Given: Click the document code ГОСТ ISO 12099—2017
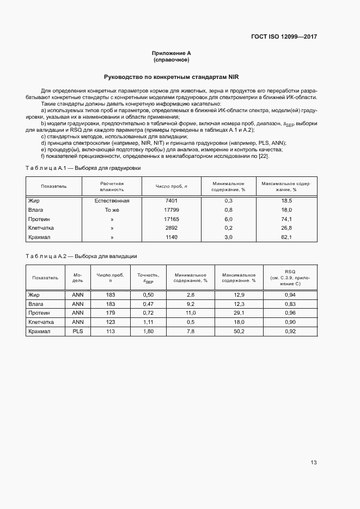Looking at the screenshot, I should pyautogui.click(x=284, y=37).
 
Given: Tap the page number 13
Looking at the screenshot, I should pyautogui.click(x=313, y=463).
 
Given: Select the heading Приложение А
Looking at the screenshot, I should pyautogui.click(x=171, y=53).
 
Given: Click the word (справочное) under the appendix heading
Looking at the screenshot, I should pyautogui.click(x=171, y=60).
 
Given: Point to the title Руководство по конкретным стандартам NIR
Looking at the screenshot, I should pyautogui.click(x=172, y=77).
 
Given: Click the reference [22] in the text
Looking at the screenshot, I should pyautogui.click(x=264, y=157).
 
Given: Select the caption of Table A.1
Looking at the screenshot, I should pyautogui.click(x=83, y=168).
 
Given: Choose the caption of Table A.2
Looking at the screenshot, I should pyautogui.click(x=81, y=256).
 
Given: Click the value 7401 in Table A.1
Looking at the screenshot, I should pyautogui.click(x=171, y=201).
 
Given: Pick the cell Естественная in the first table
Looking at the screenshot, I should pyautogui.click(x=112, y=201).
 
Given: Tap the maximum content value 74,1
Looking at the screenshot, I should pyautogui.click(x=286, y=219).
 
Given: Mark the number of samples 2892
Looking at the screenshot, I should pyautogui.click(x=171, y=228).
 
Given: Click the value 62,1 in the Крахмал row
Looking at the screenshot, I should pyautogui.click(x=286, y=237).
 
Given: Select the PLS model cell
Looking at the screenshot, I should pyautogui.click(x=78, y=332).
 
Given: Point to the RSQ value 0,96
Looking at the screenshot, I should pyautogui.click(x=290, y=313).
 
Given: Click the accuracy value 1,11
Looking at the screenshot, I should pyautogui.click(x=148, y=322).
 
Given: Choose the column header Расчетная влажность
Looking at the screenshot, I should pyautogui.click(x=112, y=186).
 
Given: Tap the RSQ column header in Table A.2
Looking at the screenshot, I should pyautogui.click(x=290, y=277).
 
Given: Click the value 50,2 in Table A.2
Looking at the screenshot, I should pyautogui.click(x=239, y=332).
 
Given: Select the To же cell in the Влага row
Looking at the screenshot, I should pyautogui.click(x=112, y=210).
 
